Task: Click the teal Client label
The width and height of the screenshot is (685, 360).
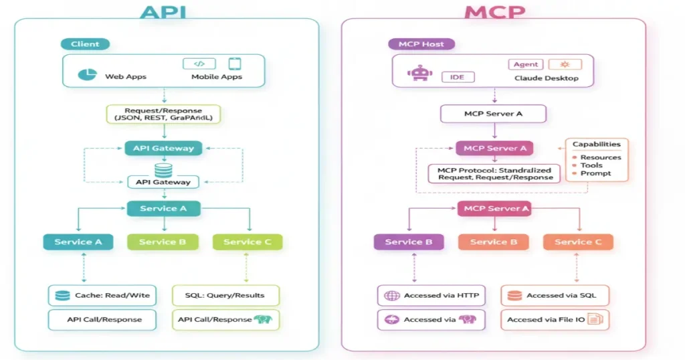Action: [x=86, y=44]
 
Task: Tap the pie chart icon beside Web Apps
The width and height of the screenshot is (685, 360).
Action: [x=86, y=75]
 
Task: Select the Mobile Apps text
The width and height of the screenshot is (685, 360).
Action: [x=217, y=77]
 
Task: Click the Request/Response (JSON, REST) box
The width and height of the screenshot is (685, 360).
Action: [x=163, y=114]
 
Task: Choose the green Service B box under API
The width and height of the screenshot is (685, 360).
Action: [x=162, y=242]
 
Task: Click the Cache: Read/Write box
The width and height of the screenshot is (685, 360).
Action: [x=102, y=295]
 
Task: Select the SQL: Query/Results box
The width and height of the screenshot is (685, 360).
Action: [x=225, y=295]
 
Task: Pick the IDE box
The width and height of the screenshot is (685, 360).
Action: [x=458, y=78]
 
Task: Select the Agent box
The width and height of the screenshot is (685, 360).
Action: [x=526, y=64]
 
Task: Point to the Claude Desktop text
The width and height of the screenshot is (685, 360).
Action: [x=546, y=78]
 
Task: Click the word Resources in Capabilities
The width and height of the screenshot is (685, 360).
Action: [x=600, y=157]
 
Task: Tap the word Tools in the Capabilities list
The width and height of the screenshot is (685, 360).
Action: [x=591, y=165]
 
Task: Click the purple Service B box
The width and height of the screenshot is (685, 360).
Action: [x=403, y=242]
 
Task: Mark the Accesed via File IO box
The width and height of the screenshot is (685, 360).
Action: [x=556, y=319]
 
